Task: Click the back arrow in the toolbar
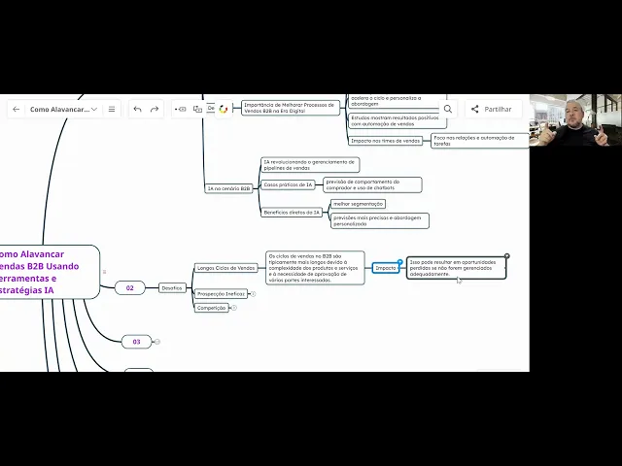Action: pos(16,109)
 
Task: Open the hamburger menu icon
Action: pos(112,109)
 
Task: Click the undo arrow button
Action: pos(137,109)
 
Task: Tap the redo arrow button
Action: pos(155,109)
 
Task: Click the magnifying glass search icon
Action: pos(447,110)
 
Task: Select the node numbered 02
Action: pos(129,287)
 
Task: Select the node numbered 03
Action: pos(136,342)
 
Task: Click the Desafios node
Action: pos(171,287)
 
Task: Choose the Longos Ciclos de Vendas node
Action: pos(225,268)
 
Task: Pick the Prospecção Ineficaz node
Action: pos(221,293)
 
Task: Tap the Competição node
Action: pos(211,308)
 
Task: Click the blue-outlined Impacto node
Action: pos(386,267)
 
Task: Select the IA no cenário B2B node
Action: pos(228,188)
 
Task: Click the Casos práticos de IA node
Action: pos(289,183)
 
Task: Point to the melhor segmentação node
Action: pos(358,204)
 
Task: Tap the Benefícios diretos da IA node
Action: pos(292,212)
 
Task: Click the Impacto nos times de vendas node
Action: pos(386,141)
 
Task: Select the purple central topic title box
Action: pos(48,271)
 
